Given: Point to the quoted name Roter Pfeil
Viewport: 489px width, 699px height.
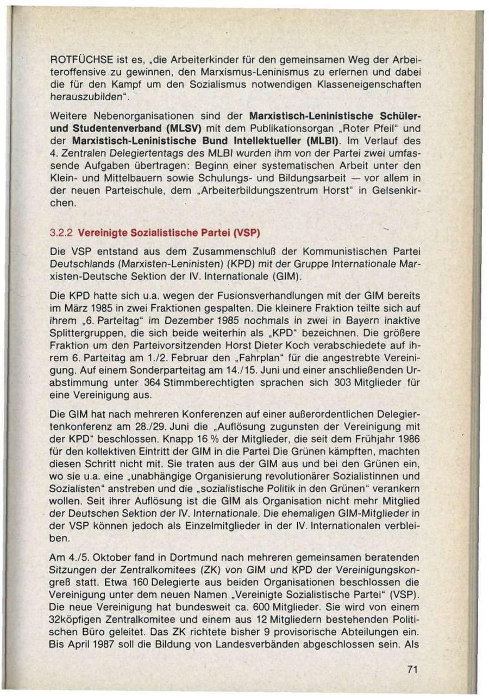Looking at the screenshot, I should click(x=336, y=129).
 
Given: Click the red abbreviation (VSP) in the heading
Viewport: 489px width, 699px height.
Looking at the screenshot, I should click(x=247, y=233).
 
